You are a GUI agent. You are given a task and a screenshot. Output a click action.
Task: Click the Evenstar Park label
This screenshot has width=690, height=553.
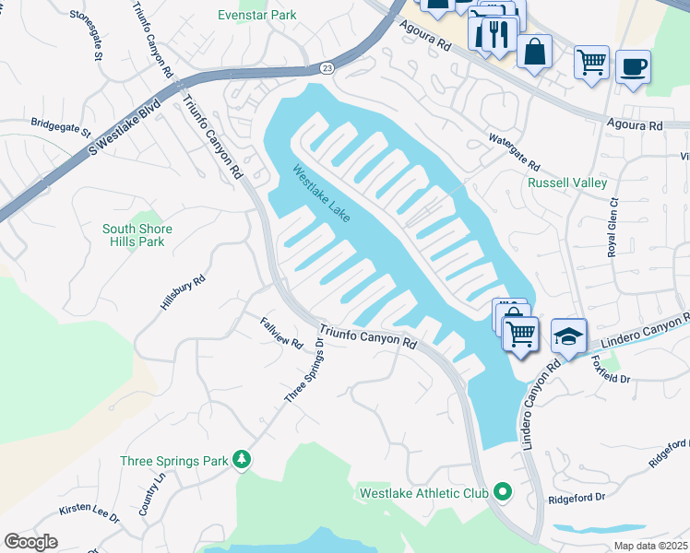pos(256,16)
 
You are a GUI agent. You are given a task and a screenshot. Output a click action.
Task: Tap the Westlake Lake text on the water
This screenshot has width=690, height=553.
pos(322,193)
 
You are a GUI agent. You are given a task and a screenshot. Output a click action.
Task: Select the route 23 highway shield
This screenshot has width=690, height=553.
pos(327,68)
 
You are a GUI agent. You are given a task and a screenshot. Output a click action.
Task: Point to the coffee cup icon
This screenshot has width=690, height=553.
pos(633,66)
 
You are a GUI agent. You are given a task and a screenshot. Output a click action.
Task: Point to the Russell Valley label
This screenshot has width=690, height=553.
pos(567,182)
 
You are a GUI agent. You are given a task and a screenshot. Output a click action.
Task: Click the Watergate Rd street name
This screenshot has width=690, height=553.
pos(514,152)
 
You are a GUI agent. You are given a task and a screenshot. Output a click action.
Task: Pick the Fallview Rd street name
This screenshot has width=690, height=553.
pos(281,333)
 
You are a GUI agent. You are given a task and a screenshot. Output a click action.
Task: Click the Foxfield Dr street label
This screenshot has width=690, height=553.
pos(610,369)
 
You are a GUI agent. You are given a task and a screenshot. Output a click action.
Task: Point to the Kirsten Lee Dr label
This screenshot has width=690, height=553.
pos(89,513)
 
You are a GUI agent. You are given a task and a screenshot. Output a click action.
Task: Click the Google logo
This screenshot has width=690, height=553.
pos(30,542)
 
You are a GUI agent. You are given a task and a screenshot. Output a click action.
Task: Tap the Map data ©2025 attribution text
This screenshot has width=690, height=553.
pos(649,546)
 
